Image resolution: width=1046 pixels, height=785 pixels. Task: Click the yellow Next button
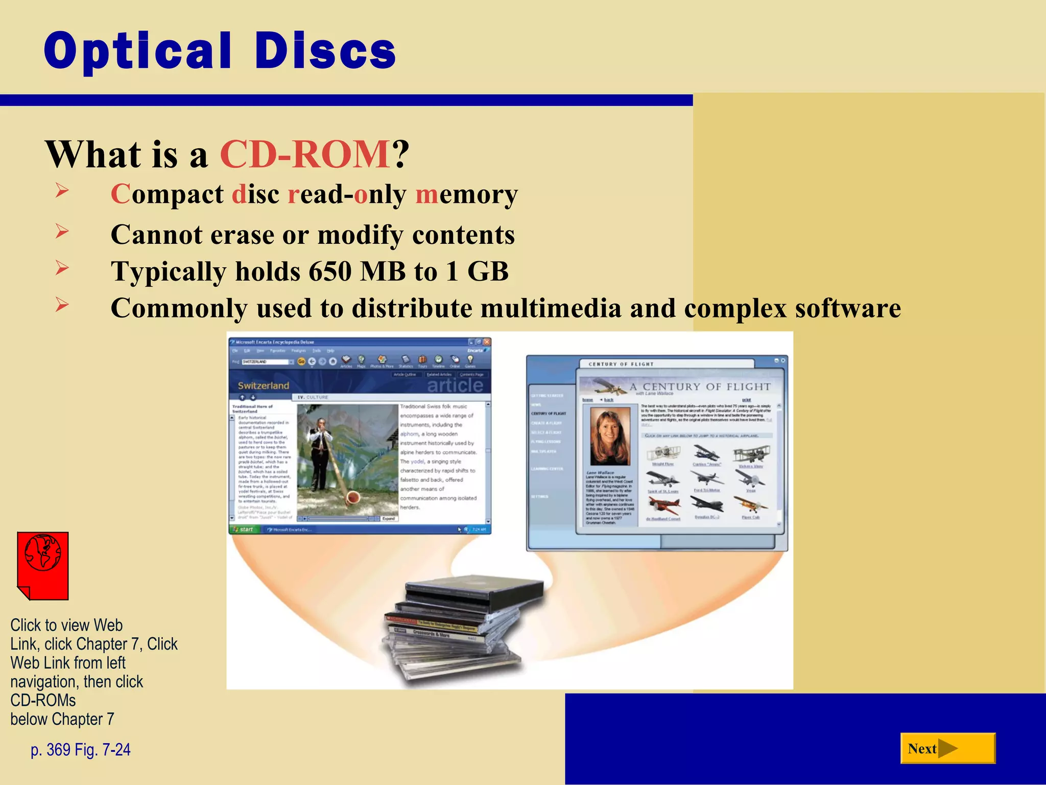pyautogui.click(x=947, y=748)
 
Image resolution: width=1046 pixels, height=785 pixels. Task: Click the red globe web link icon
pyautogui.click(x=43, y=565)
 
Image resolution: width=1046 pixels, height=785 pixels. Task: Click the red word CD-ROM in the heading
pyautogui.click(x=305, y=154)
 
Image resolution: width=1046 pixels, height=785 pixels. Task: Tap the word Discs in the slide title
pyautogui.click(x=325, y=51)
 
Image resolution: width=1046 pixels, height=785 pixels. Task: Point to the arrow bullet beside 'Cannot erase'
pyautogui.click(x=62, y=232)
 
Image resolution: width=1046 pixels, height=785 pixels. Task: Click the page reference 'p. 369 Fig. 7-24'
pyautogui.click(x=81, y=749)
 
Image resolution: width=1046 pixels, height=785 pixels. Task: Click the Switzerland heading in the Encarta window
pyautogui.click(x=263, y=386)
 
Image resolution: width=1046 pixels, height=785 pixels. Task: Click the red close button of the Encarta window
pyautogui.click(x=487, y=342)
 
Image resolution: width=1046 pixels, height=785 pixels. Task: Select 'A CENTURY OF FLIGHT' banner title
pyautogui.click(x=700, y=387)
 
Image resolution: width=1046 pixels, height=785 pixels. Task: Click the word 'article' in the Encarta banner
pyautogui.click(x=455, y=385)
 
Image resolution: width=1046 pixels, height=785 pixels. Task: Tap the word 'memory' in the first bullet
pyautogui.click(x=466, y=194)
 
